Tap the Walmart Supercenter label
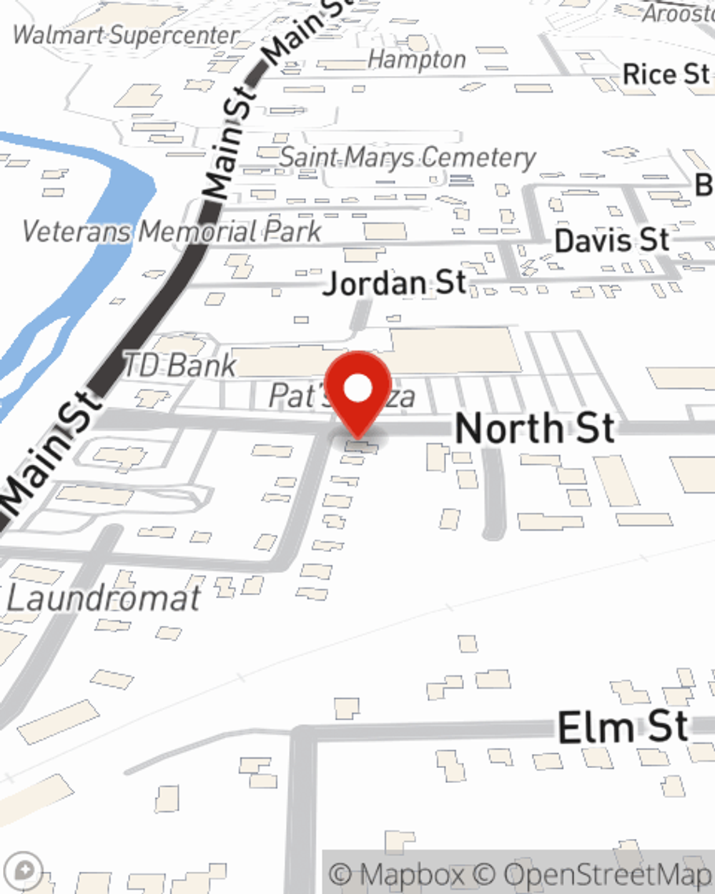pyautogui.click(x=126, y=36)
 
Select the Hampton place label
pyautogui.click(x=417, y=59)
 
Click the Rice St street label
pyautogui.click(x=666, y=74)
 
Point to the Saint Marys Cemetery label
pyautogui.click(x=407, y=157)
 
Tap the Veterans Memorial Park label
pyautogui.click(x=172, y=231)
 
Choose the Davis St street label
pyautogui.click(x=612, y=240)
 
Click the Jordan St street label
pyautogui.click(x=395, y=283)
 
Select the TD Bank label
pyautogui.click(x=179, y=365)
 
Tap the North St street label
pyautogui.click(x=535, y=428)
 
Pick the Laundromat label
pyautogui.click(x=103, y=599)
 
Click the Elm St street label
pyautogui.click(x=623, y=727)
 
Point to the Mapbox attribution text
pyautogui.click(x=398, y=875)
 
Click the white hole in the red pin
pyautogui.click(x=358, y=389)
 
